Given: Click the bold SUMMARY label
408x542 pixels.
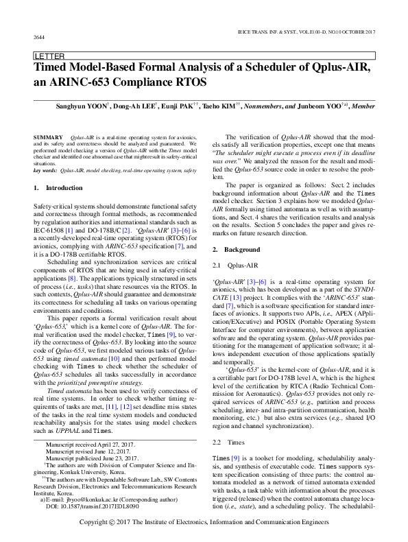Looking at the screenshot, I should pyautogui.click(x=48, y=138).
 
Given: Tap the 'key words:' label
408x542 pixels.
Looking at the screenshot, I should pyautogui.click(x=45, y=169).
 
